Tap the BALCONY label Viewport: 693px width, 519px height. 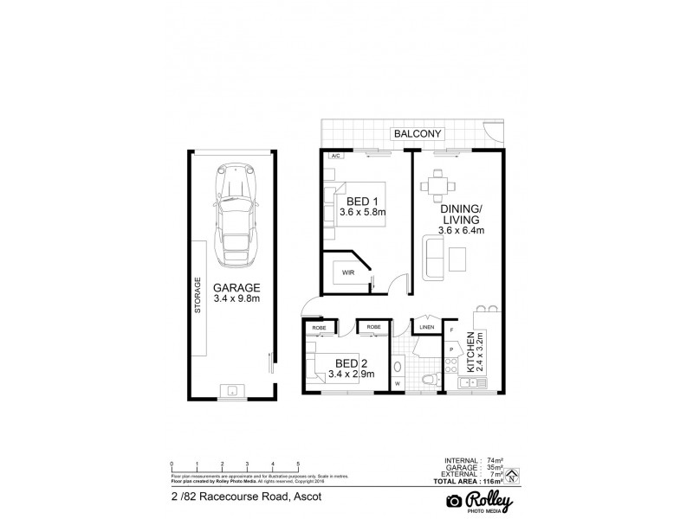click(x=418, y=134)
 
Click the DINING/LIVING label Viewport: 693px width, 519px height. click(x=461, y=215)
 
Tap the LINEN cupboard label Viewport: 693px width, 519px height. click(x=425, y=328)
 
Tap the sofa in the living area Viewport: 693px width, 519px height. click(x=433, y=256)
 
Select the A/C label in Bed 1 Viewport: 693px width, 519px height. click(x=334, y=157)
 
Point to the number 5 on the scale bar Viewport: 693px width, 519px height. click(x=298, y=466)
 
